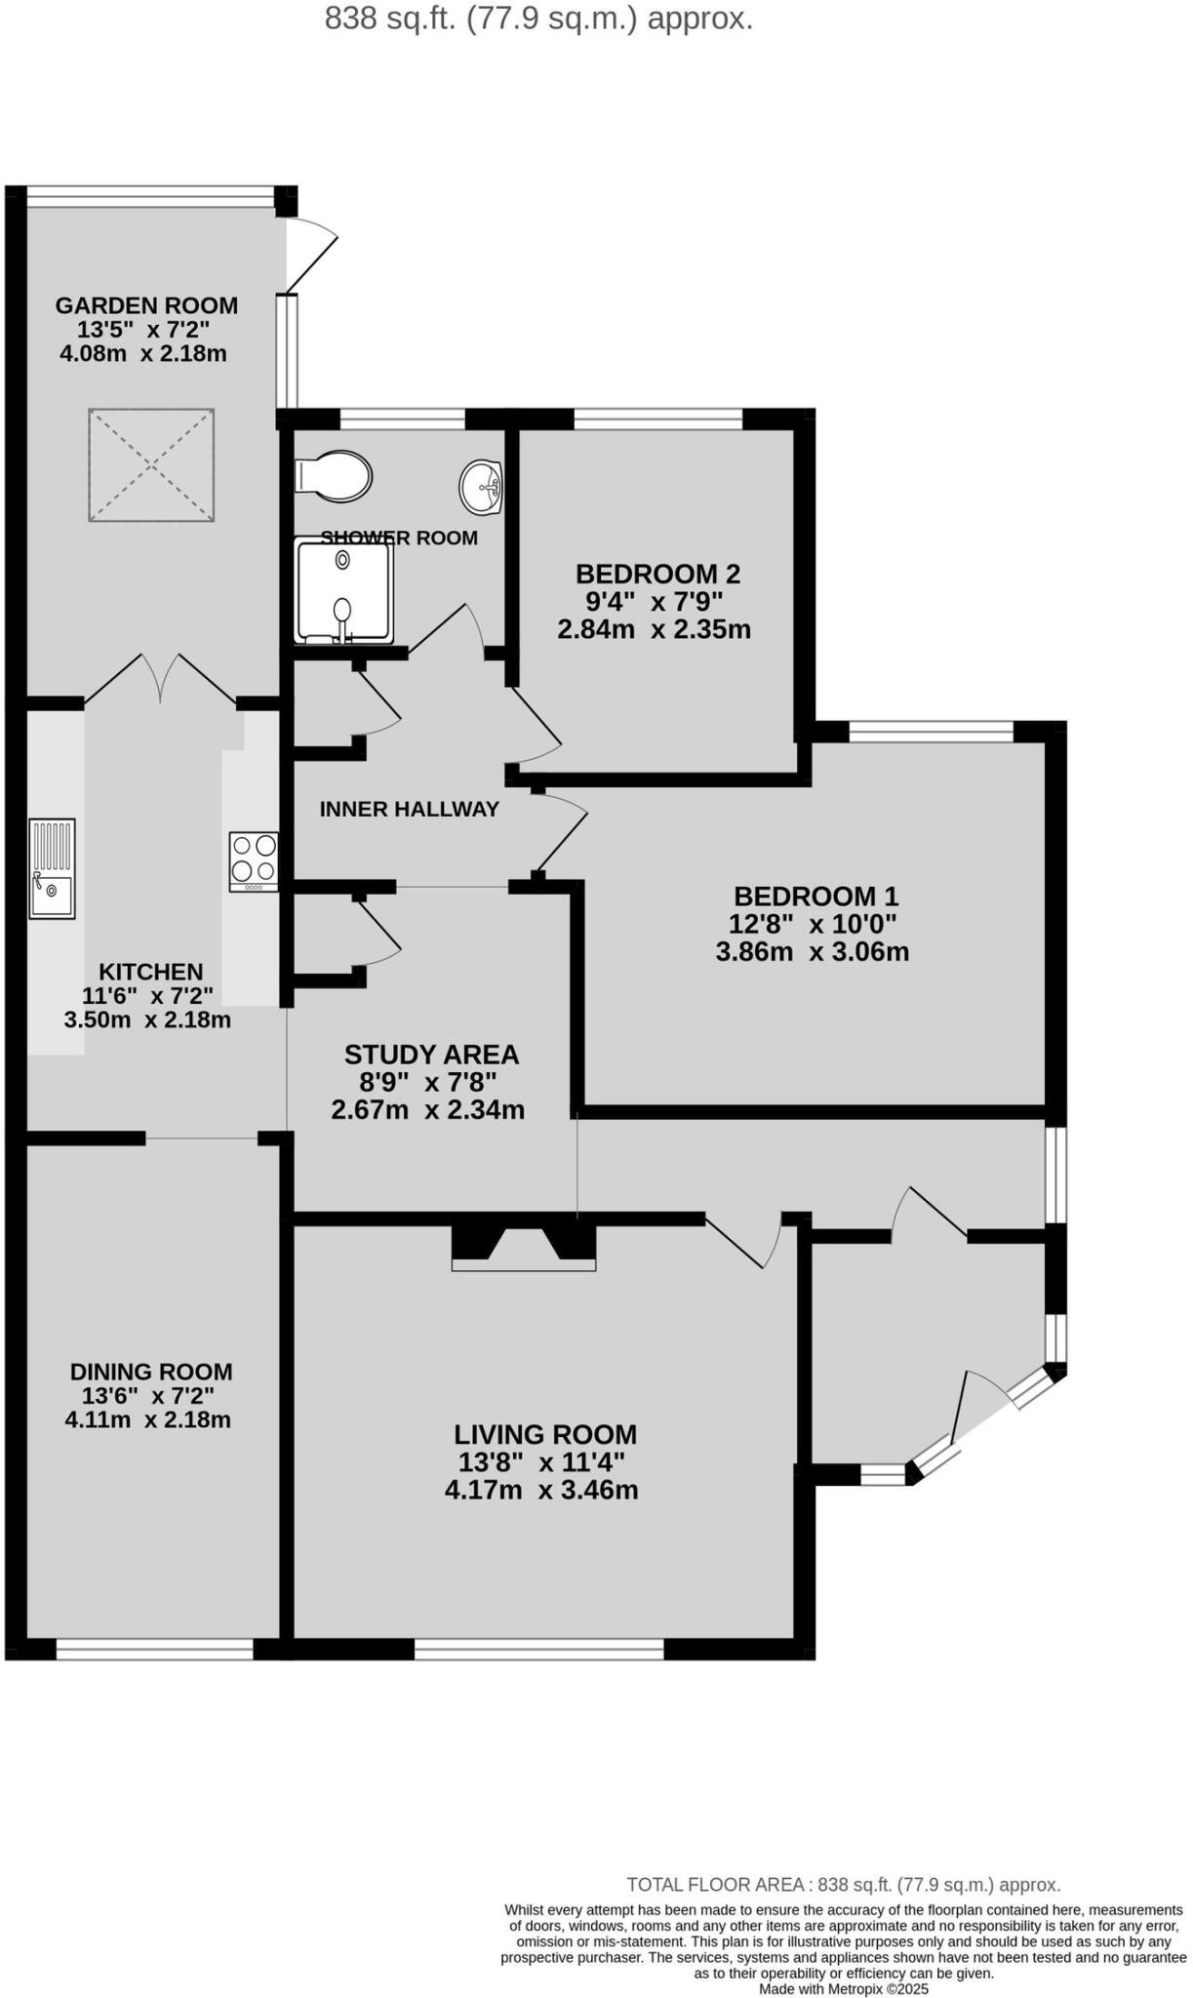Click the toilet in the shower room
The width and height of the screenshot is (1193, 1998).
point(334,476)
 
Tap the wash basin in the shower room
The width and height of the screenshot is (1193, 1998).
point(480,486)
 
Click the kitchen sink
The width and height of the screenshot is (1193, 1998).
point(52,868)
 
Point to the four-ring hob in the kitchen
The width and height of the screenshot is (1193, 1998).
point(254,859)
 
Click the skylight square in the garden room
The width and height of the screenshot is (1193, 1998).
point(151,465)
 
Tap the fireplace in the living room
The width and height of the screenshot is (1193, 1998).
point(524,1247)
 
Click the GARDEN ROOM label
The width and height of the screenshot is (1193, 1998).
point(146,305)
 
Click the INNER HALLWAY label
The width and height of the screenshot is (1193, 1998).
point(409,809)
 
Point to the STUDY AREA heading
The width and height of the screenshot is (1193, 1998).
point(431,1055)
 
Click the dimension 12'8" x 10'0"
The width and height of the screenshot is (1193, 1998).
point(813,923)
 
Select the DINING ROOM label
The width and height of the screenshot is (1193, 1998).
point(151,1372)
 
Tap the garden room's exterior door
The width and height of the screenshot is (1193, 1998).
point(310,256)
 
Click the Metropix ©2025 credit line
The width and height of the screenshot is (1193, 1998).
point(844,1988)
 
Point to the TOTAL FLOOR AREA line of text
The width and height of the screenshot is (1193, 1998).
point(843,1885)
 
